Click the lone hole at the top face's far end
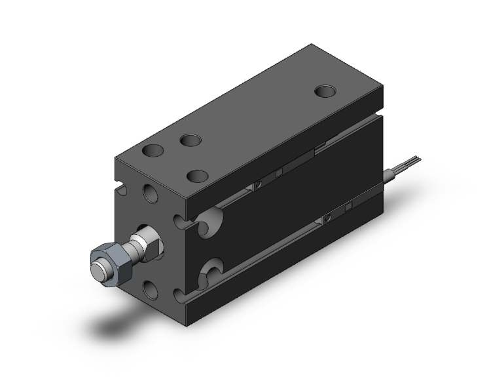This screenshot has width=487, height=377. [x=325, y=90]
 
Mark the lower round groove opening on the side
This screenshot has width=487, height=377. [x=213, y=268]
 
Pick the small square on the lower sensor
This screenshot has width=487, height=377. [x=349, y=205]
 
